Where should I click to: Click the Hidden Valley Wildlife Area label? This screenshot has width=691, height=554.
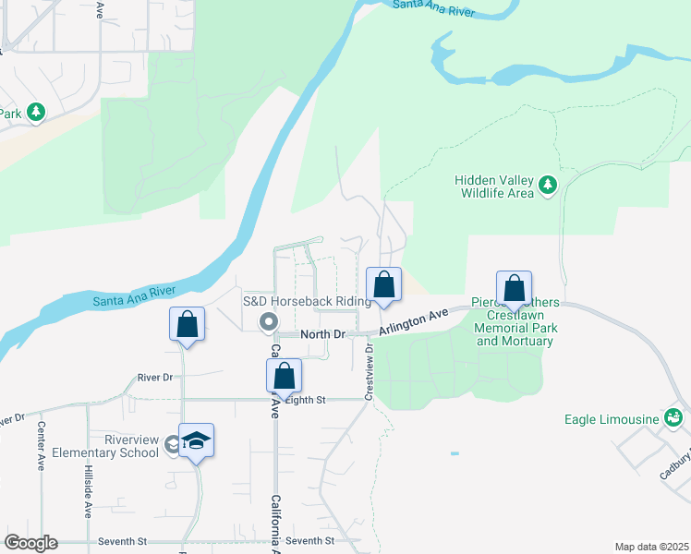[x=493, y=187]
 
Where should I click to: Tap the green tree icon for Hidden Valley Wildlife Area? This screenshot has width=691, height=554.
[x=548, y=185]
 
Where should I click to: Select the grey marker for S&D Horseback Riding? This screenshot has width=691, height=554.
[x=269, y=322]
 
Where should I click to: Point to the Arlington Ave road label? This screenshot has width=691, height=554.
[x=414, y=320]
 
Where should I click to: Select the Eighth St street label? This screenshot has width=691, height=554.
[x=305, y=400]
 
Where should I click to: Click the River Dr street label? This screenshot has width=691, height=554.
[x=155, y=378]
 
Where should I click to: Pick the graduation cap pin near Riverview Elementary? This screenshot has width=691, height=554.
[x=197, y=441]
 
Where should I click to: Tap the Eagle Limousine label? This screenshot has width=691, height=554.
[x=612, y=419]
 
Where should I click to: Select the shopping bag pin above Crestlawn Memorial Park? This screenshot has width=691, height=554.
[x=514, y=288]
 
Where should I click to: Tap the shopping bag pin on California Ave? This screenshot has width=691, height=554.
[x=284, y=376]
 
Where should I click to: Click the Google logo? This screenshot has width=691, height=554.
[x=30, y=543]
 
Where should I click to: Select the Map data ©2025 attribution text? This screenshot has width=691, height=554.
[x=651, y=547]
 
